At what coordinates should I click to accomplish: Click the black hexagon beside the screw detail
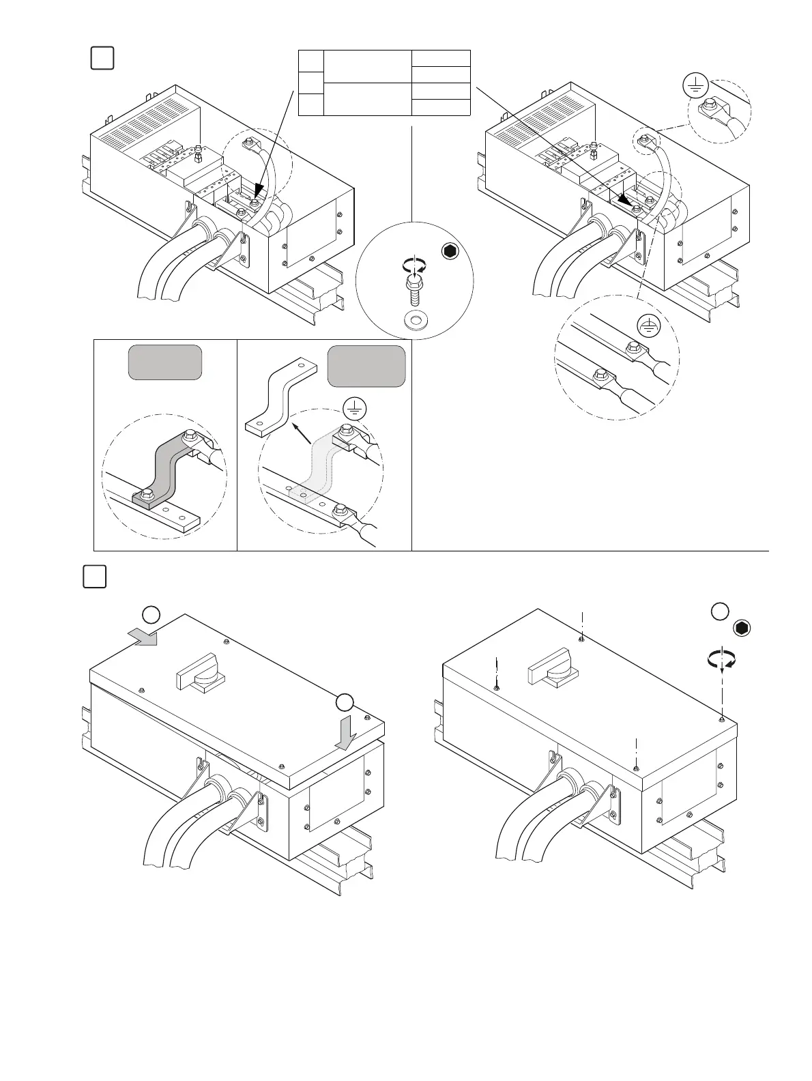[448, 252]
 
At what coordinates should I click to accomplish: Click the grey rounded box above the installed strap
[165, 362]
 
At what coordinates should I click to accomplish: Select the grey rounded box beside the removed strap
[366, 366]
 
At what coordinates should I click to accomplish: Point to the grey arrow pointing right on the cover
[143, 637]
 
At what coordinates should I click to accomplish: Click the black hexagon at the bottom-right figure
[742, 629]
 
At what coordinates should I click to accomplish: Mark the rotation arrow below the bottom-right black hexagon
[722, 661]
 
